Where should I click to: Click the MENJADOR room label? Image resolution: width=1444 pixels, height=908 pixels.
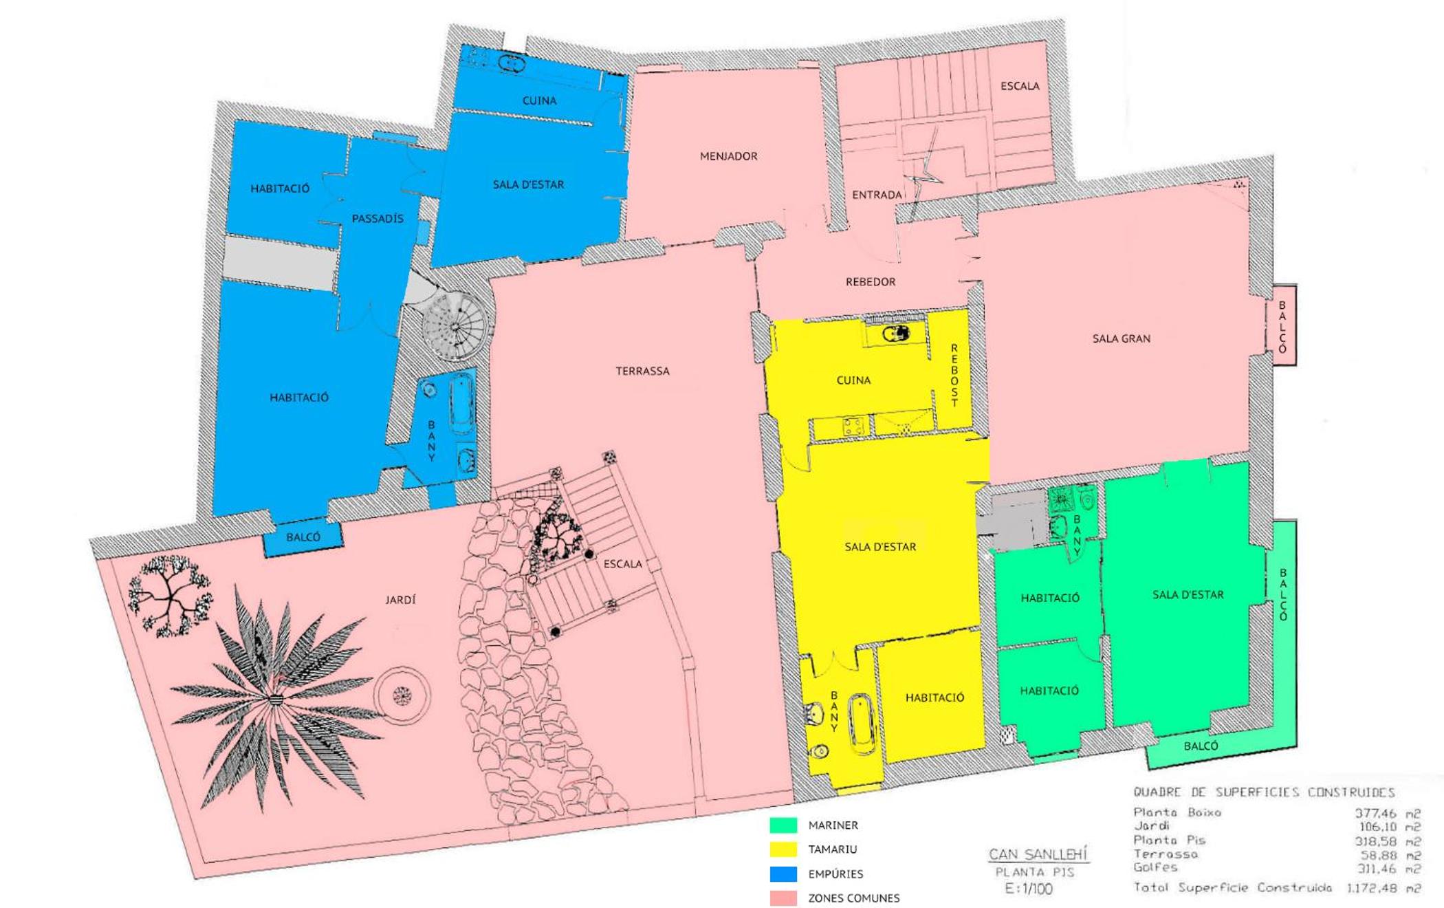[x=728, y=156]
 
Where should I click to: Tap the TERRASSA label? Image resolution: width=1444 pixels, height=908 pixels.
[x=642, y=371]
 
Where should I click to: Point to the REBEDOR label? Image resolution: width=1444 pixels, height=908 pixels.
[x=871, y=281]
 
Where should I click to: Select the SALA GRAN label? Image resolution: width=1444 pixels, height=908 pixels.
[x=1121, y=338]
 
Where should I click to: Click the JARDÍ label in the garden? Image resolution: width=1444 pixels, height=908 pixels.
[x=400, y=600]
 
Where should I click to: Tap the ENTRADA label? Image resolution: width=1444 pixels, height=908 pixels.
[x=877, y=195]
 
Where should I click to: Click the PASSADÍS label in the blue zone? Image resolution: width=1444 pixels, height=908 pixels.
[x=378, y=219]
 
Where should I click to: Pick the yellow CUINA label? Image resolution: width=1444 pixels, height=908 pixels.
[x=853, y=380]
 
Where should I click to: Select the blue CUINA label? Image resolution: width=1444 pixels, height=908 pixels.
[x=539, y=100]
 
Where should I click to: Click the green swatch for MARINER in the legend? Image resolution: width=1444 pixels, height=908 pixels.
[x=783, y=825]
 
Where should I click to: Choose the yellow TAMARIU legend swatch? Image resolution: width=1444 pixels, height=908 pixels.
[x=783, y=850]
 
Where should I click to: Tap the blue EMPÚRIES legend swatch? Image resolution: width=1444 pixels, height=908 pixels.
[x=783, y=874]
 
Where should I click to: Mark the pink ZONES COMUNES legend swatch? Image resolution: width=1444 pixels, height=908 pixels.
[x=783, y=898]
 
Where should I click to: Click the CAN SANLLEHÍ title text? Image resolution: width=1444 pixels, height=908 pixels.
[x=1038, y=854]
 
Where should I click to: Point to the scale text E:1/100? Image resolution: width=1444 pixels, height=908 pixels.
[x=1029, y=889]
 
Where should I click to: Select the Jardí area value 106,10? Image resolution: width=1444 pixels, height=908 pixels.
[x=1378, y=827]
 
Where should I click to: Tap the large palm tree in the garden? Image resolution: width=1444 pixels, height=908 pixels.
[x=275, y=698]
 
